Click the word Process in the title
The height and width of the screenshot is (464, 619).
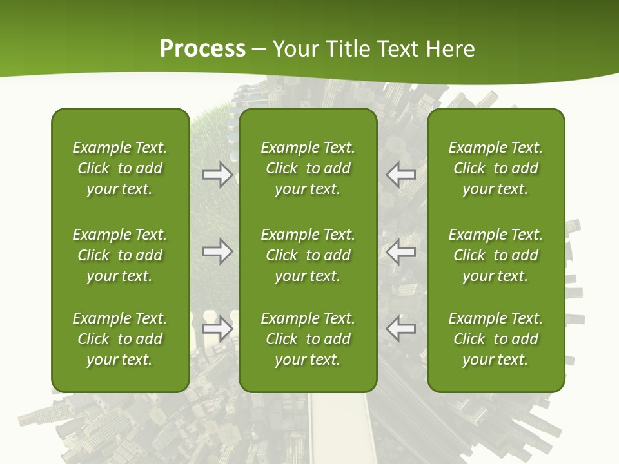(202, 49)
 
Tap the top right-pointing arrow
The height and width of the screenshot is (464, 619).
(217, 175)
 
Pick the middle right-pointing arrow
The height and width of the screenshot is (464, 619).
(217, 252)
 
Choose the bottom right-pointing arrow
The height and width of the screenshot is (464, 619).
(217, 329)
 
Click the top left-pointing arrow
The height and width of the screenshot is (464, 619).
(400, 175)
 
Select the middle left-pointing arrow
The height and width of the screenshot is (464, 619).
(400, 252)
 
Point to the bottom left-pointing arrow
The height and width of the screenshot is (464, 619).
(400, 329)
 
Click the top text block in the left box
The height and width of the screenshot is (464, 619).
(120, 168)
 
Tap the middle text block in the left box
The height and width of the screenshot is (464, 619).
(120, 255)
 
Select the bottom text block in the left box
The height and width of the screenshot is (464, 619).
(120, 339)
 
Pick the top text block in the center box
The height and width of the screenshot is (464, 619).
(308, 168)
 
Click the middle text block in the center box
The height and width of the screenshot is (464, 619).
(308, 255)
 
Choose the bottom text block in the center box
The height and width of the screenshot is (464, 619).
(308, 339)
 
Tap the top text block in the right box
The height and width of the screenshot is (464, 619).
(496, 168)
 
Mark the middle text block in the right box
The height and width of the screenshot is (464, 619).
(496, 255)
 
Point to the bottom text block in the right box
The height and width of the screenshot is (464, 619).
(496, 339)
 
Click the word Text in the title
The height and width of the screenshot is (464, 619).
(394, 49)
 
